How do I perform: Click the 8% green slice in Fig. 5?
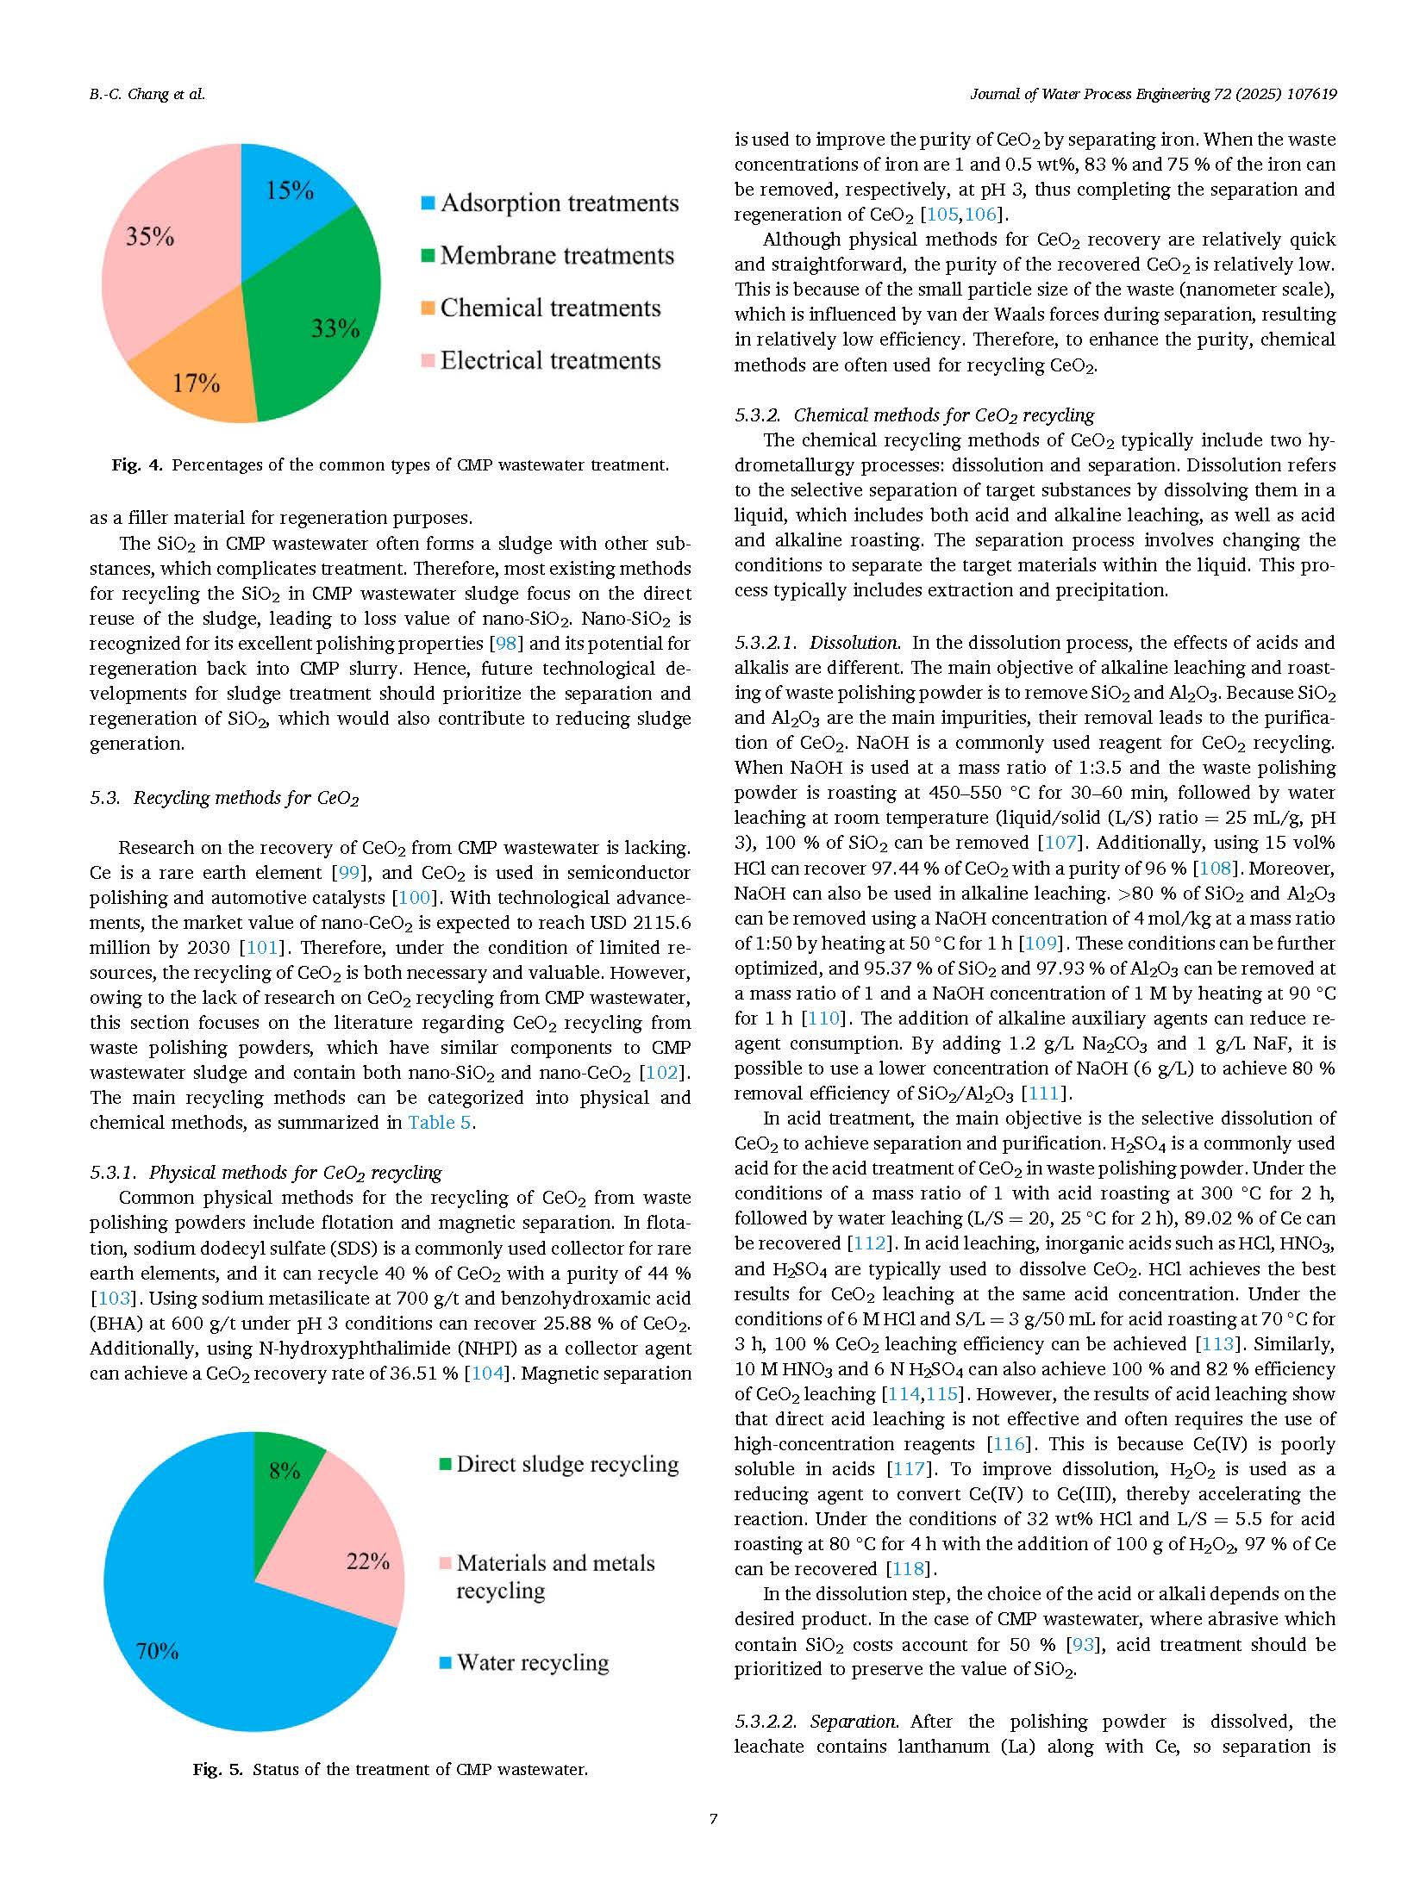point(285,1469)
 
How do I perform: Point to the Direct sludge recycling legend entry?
point(560,1464)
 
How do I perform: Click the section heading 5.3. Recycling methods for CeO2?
point(224,798)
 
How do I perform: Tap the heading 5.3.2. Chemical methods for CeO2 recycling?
point(914,415)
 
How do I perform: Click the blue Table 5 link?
point(440,1123)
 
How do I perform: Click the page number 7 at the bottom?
point(713,1820)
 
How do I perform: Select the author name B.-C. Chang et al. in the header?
point(147,95)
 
